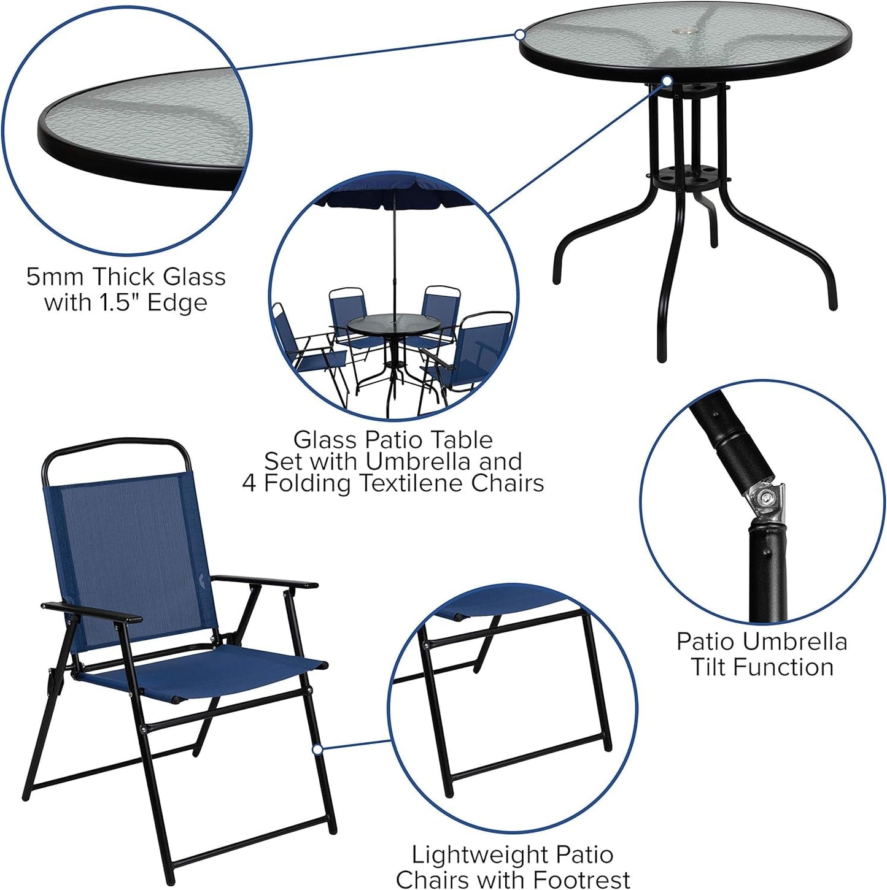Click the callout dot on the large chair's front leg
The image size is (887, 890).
click(x=317, y=750)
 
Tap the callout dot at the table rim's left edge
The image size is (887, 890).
click(x=520, y=35)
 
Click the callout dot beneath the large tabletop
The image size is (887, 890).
click(x=667, y=80)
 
